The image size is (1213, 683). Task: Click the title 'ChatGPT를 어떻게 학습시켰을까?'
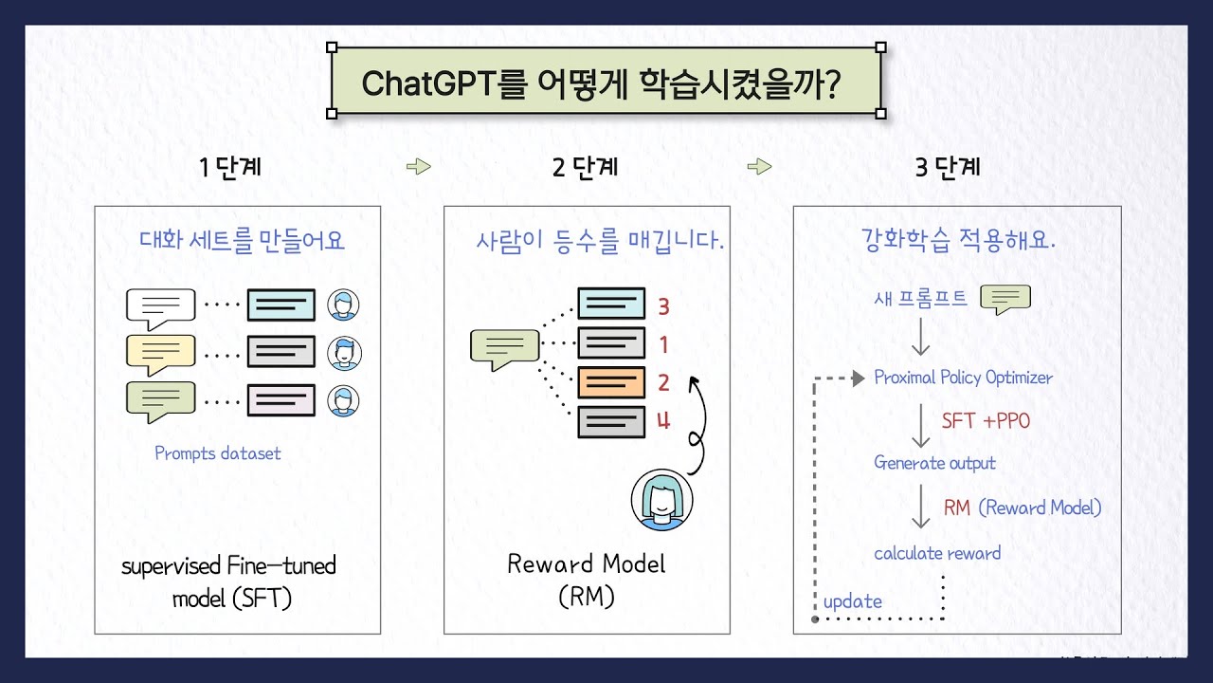(x=605, y=83)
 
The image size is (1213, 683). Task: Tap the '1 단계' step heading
(x=230, y=168)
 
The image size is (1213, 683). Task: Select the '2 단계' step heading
(x=585, y=168)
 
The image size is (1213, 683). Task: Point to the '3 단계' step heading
(x=948, y=168)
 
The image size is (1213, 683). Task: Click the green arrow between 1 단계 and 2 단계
(x=418, y=167)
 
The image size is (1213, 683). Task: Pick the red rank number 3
(x=663, y=306)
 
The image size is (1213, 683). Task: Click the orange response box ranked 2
(x=611, y=382)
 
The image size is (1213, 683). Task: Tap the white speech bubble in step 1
(x=160, y=307)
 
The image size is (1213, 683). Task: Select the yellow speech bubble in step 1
(x=160, y=353)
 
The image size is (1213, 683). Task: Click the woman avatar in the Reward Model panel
(x=661, y=500)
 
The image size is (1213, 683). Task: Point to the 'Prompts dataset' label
(x=218, y=453)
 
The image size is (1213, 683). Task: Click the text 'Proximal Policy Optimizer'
(x=963, y=378)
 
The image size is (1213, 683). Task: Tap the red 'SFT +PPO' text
(x=986, y=421)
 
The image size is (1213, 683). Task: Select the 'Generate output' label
(x=934, y=463)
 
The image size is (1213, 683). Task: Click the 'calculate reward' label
(x=937, y=553)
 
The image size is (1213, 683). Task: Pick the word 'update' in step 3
(x=852, y=601)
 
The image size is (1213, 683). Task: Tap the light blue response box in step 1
(x=281, y=305)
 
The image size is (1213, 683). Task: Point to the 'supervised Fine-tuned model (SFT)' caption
(x=229, y=582)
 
